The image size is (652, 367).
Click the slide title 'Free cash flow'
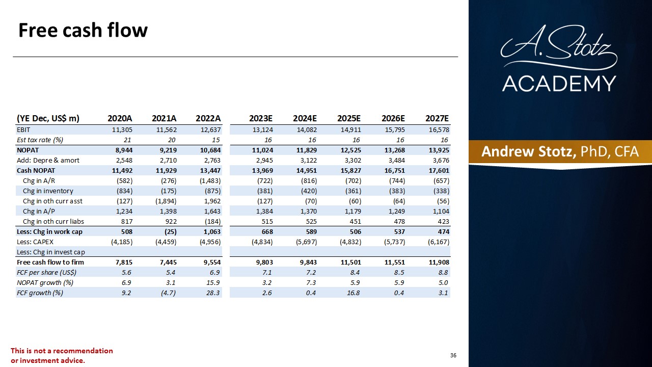(x=83, y=30)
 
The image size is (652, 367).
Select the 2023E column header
(x=260, y=118)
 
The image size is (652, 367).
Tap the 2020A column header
(x=120, y=118)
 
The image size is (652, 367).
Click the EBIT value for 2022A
(x=211, y=129)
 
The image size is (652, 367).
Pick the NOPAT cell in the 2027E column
(x=439, y=150)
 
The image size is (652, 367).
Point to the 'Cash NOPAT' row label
(x=36, y=171)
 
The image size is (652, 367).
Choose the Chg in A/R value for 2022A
(x=210, y=181)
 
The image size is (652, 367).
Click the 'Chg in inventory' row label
(x=48, y=191)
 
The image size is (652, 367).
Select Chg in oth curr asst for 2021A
(x=166, y=201)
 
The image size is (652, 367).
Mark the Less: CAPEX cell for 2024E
(x=306, y=242)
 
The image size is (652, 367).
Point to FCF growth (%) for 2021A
(x=168, y=293)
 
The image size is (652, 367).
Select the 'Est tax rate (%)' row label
(x=40, y=140)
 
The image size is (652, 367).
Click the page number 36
(x=453, y=355)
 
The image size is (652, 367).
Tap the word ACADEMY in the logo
(x=559, y=84)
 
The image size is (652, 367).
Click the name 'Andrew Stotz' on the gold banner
(x=529, y=152)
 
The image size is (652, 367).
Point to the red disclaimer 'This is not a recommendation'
(x=62, y=351)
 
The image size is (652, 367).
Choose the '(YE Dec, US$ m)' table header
(x=48, y=119)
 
